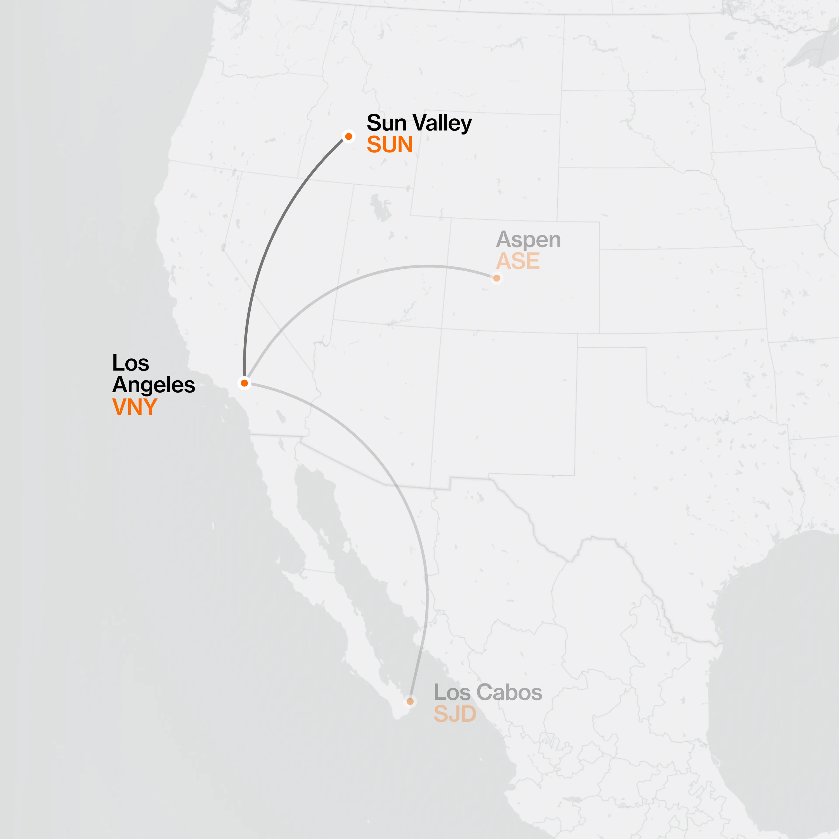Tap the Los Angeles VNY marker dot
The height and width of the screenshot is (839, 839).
[x=244, y=383]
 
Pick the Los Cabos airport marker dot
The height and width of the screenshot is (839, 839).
[x=410, y=701]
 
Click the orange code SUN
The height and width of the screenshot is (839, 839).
[x=390, y=145]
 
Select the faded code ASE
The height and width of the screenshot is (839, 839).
[x=518, y=261]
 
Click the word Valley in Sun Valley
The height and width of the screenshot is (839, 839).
[x=442, y=123]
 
